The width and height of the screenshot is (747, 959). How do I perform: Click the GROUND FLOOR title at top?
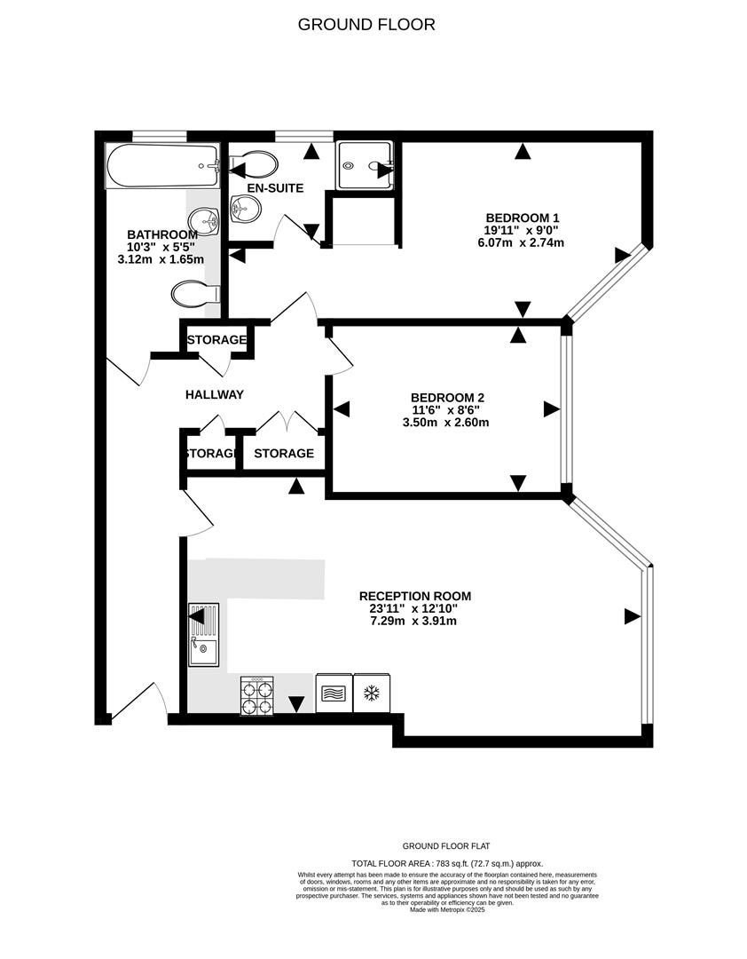coord(366,25)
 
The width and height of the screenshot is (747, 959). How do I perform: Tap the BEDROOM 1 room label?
coord(523,218)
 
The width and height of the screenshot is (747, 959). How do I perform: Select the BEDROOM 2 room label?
coord(447,398)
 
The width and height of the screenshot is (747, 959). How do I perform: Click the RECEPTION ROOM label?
coord(414,596)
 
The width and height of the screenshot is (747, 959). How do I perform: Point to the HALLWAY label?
coord(214,394)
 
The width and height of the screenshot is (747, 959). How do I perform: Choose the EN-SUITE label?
coord(275,188)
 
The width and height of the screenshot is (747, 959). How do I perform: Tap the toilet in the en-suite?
coord(255,163)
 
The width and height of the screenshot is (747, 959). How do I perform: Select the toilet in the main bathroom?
coord(194,292)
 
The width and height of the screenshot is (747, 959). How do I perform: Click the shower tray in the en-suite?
coord(364,165)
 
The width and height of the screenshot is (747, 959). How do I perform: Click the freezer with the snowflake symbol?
coord(372,693)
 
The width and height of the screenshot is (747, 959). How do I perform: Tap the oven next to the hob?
coord(334,693)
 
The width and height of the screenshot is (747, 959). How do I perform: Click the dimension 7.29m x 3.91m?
coord(414,621)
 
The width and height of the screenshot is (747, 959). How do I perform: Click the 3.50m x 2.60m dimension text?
coord(447,423)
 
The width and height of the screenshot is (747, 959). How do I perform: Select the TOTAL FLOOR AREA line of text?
coord(447,863)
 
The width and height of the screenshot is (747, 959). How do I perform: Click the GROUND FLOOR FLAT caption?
coord(447,846)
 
